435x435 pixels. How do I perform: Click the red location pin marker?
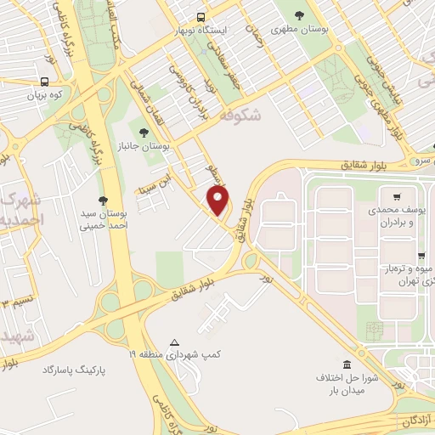218,201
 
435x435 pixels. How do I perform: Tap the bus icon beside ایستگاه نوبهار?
201,16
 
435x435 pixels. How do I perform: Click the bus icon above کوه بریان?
43,82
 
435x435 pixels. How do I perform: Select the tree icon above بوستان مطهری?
299,15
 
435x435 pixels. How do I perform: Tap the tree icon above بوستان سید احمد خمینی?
103,201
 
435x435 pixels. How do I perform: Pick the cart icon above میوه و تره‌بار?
421,255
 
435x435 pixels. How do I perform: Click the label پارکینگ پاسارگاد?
77,370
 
